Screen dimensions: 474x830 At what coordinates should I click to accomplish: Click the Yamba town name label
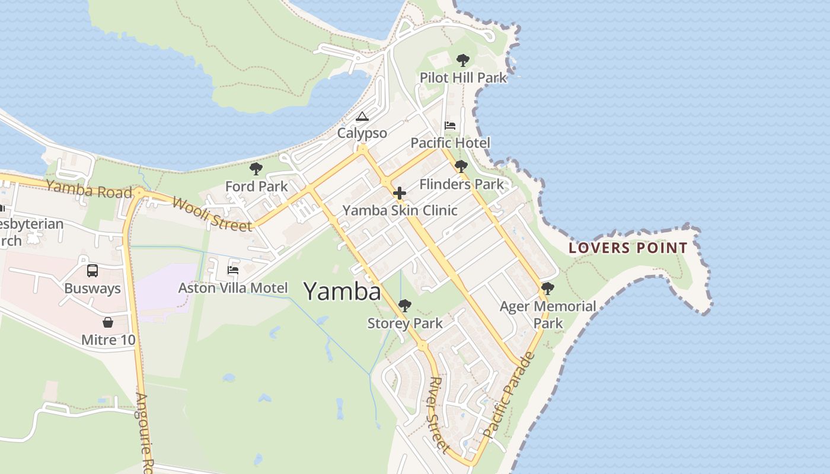(342, 292)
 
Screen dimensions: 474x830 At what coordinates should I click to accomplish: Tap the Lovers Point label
(628, 248)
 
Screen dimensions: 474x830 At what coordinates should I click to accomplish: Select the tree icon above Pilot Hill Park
(463, 60)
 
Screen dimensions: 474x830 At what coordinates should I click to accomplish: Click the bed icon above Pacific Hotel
(450, 126)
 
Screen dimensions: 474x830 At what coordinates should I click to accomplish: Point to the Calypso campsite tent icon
(362, 116)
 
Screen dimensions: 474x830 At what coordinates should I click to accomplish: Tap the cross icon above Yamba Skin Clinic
(400, 193)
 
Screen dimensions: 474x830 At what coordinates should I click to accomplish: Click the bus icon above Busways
(92, 271)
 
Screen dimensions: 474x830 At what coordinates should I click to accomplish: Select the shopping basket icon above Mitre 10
(108, 322)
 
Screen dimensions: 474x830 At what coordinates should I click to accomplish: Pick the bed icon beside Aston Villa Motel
(233, 270)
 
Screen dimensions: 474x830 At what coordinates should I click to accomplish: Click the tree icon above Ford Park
(256, 169)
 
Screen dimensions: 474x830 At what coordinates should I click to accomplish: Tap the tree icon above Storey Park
(405, 306)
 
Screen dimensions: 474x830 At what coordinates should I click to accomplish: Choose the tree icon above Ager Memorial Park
(548, 289)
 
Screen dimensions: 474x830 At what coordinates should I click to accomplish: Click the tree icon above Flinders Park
(461, 166)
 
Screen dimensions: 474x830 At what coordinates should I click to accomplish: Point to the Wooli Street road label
(212, 214)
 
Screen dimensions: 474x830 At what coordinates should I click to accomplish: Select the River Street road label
(439, 414)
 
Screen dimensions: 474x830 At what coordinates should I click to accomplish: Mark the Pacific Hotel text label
(451, 143)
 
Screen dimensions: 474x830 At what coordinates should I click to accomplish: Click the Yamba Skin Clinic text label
(400, 210)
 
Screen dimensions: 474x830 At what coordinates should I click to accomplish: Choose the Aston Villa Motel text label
(233, 288)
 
